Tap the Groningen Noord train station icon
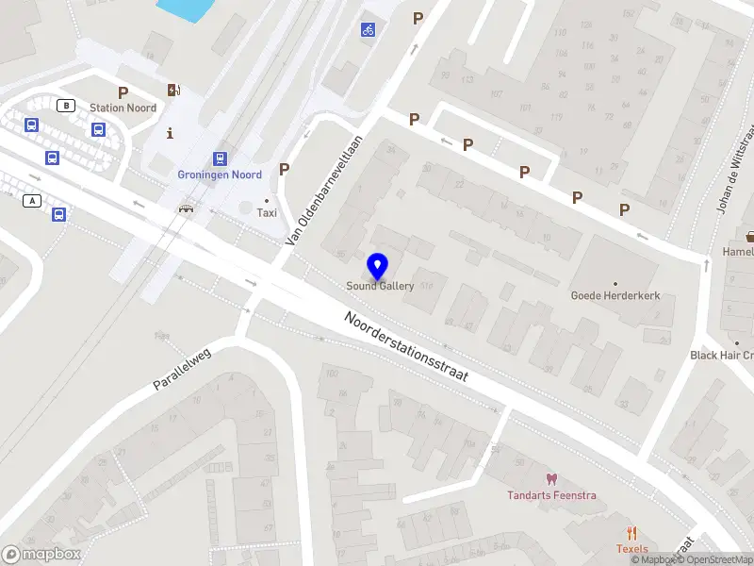click(220, 158)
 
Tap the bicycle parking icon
click(368, 29)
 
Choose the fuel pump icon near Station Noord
click(173, 91)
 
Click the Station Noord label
click(123, 108)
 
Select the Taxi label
click(266, 213)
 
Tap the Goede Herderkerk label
click(615, 295)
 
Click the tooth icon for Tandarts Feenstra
click(551, 479)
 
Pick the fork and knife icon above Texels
click(632, 533)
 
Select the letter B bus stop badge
click(66, 106)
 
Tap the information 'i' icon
click(170, 133)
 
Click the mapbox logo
click(41, 555)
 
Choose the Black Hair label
click(722, 356)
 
